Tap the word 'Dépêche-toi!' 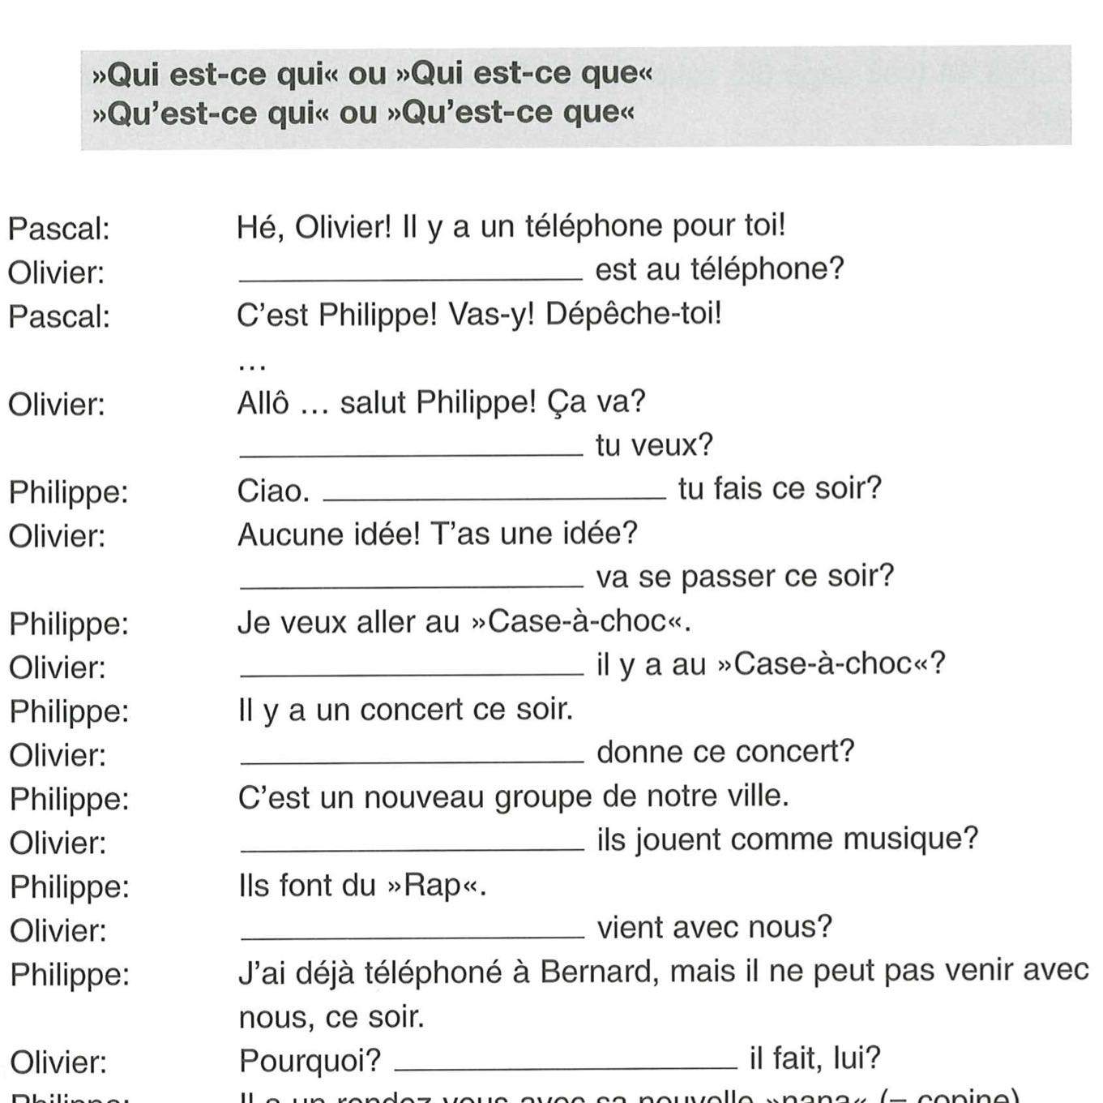[633, 314]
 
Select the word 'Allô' [263, 403]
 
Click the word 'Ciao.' [273, 491]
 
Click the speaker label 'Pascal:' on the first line [58, 230]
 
